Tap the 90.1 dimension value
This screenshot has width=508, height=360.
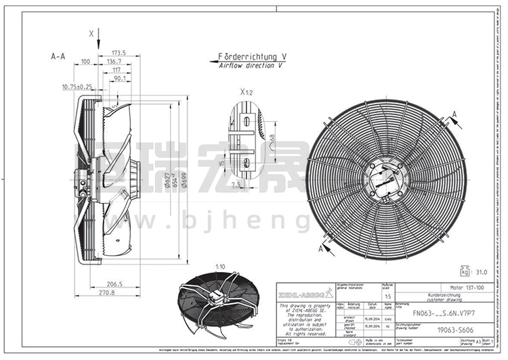tap(121, 78)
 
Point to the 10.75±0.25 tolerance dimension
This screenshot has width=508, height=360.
tap(77, 87)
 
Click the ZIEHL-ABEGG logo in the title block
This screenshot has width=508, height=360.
tap(305, 293)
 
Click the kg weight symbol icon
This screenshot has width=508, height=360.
tap(465, 273)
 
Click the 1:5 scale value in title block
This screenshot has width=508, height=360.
tap(386, 296)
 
